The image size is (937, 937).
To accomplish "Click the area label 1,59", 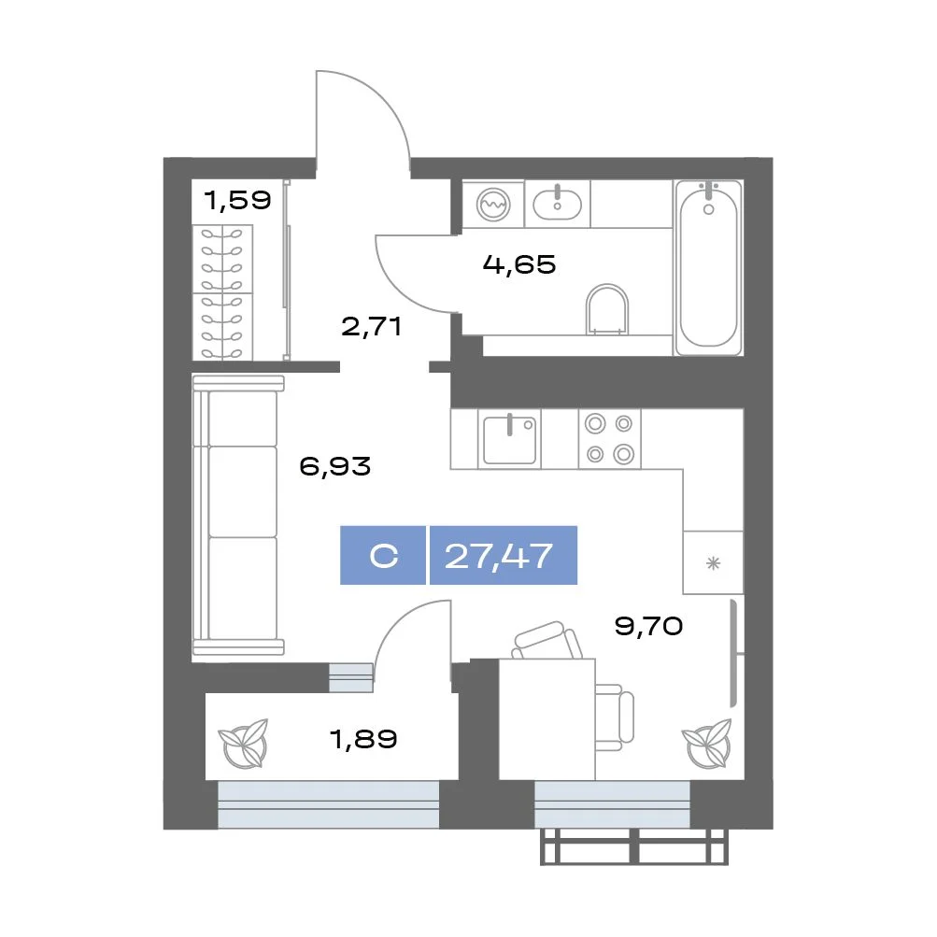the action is (237, 200).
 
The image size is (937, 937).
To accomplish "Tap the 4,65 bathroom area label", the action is (519, 264).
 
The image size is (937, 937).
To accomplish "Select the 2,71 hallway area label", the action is (371, 326).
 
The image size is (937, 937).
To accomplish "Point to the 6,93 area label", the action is (334, 465).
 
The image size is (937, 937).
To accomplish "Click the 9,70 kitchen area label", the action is (648, 626).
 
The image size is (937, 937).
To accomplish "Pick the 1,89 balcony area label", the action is (363, 739).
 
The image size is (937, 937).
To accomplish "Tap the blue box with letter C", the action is (383, 555).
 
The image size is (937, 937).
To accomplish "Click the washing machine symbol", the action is (493, 204).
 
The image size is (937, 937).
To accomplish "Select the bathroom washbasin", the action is (557, 203).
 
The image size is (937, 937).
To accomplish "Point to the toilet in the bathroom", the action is (607, 309).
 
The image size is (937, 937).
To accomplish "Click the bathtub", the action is (708, 268).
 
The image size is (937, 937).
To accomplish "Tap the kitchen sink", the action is (510, 439).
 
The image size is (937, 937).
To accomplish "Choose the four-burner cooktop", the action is (609, 439).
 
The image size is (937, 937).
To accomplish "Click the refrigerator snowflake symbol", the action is (713, 563).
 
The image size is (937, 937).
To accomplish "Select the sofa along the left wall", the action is (238, 515).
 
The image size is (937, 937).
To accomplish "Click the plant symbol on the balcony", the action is (243, 744).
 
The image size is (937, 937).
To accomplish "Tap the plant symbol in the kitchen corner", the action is (707, 744).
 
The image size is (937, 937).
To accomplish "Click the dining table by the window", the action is (547, 719).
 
